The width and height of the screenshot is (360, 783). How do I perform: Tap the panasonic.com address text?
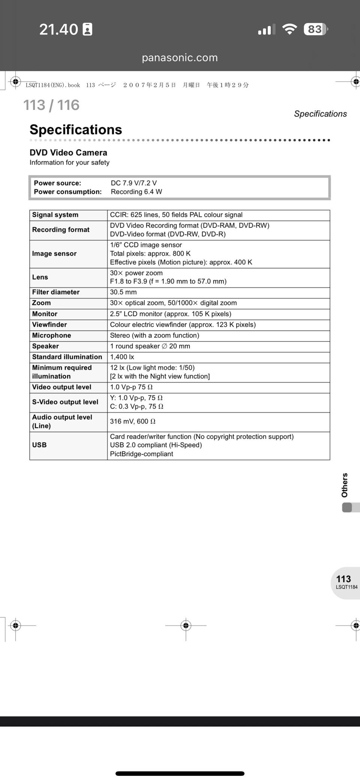(180, 57)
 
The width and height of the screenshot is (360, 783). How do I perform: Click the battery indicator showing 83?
(315, 29)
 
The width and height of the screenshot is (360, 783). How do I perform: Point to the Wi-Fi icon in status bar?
(289, 29)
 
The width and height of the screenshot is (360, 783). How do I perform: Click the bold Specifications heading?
(76, 129)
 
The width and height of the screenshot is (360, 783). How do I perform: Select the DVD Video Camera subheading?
(68, 152)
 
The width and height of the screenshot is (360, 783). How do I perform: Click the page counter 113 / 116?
(51, 105)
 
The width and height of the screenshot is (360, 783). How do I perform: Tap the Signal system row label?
(55, 215)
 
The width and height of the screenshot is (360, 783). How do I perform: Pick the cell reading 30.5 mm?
(123, 292)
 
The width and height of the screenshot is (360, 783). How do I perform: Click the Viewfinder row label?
(49, 325)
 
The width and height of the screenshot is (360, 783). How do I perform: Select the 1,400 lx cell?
(122, 357)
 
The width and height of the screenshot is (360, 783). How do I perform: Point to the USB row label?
(39, 445)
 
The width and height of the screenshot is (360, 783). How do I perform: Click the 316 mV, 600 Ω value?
(133, 421)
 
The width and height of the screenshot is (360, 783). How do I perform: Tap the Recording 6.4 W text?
(136, 192)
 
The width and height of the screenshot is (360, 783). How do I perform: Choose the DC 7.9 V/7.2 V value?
(134, 183)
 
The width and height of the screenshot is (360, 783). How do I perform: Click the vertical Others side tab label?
(345, 485)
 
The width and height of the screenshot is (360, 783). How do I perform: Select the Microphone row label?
(51, 335)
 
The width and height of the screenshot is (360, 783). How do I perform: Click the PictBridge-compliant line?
(141, 454)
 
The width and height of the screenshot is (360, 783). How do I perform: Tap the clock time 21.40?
(59, 29)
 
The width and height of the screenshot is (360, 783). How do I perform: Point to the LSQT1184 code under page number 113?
(346, 587)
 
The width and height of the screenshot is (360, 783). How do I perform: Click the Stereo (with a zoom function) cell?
(154, 335)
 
